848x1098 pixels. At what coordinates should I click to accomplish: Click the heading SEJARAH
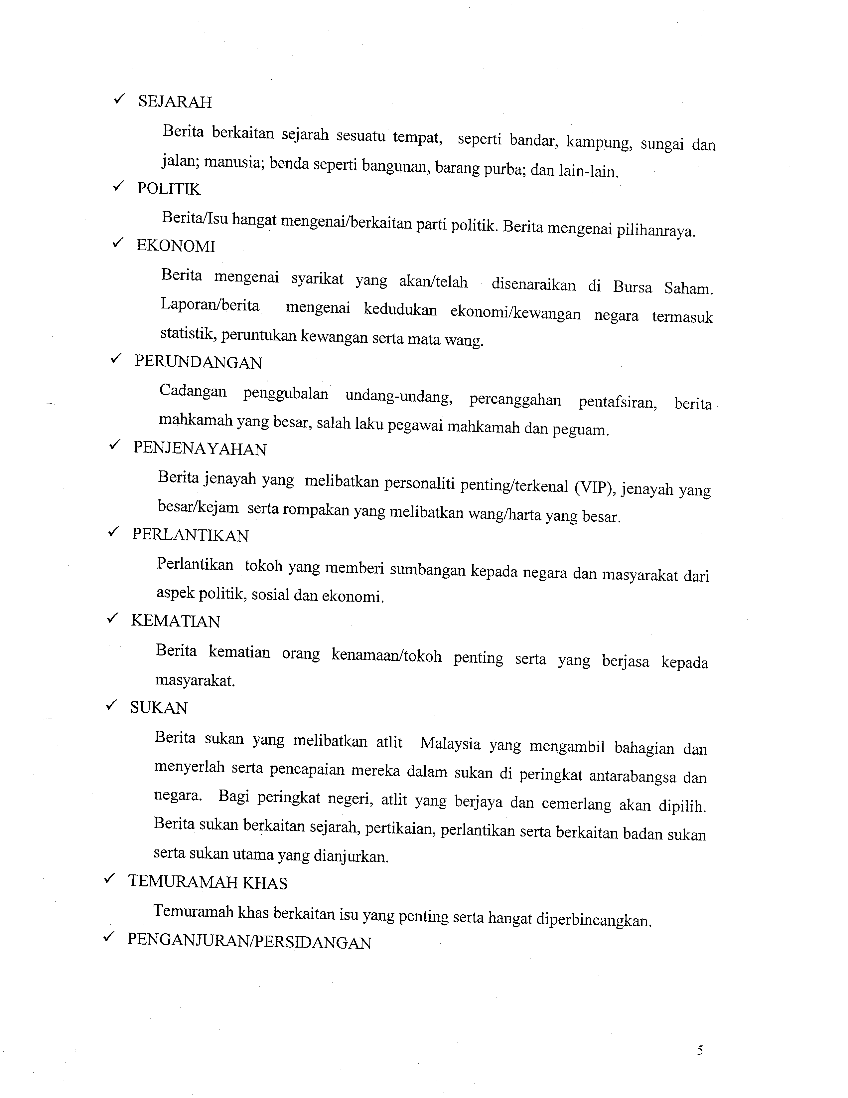(175, 102)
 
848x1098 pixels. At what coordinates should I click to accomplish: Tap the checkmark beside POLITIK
(119, 187)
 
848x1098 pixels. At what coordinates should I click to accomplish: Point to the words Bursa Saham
(663, 287)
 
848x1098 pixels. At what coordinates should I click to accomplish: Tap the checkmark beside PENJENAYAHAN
(115, 445)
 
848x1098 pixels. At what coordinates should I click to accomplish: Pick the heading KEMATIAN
(175, 622)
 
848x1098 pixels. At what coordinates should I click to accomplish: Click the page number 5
(700, 1051)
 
